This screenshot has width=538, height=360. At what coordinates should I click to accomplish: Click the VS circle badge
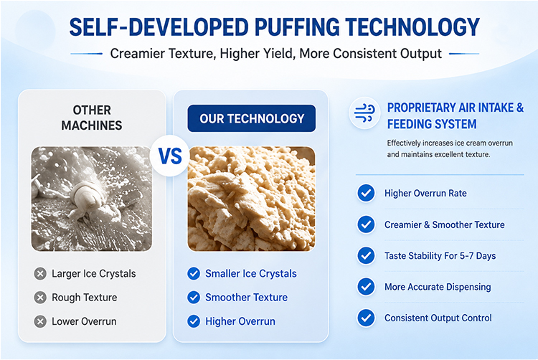coord(170,156)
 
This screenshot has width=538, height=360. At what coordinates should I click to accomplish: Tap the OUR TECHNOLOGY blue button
coord(252,118)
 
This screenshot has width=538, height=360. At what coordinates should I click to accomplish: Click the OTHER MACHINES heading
coord(92,118)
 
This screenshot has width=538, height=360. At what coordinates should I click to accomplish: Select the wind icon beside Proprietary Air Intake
coord(364,113)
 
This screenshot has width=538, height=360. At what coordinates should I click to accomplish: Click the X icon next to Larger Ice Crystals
coord(40,274)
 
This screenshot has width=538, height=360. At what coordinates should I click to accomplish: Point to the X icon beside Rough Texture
coord(40,298)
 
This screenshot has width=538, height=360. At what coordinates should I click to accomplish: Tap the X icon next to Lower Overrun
coord(40,321)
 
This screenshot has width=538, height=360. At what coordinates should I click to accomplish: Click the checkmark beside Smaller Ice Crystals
coord(194,274)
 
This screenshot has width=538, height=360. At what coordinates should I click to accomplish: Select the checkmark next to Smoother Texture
coord(194,298)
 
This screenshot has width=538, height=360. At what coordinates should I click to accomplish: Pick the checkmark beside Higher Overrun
coord(194,321)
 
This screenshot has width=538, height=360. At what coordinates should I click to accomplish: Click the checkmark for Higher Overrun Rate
coord(366,193)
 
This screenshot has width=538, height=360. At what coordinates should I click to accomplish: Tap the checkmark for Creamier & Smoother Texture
coord(366,224)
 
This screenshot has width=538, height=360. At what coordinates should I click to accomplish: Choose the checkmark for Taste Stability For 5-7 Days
coord(366,256)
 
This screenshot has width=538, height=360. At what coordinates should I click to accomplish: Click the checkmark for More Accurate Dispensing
coord(366,287)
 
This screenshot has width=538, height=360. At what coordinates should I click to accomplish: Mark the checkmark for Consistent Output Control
coord(366,318)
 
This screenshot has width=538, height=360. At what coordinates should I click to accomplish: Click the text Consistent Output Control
coord(438,318)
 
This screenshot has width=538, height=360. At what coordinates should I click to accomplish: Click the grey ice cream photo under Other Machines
coord(92,199)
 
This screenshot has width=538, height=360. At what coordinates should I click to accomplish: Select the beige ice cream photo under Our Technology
coord(252,199)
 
